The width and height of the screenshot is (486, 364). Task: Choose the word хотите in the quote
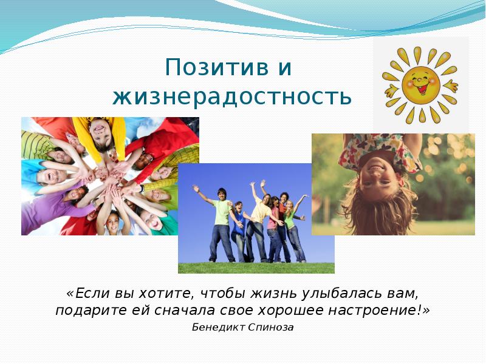(165, 294)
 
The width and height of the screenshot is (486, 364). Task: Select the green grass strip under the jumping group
(256, 268)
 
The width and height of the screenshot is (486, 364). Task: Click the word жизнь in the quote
(279, 294)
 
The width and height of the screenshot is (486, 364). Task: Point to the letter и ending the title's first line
(284, 68)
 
